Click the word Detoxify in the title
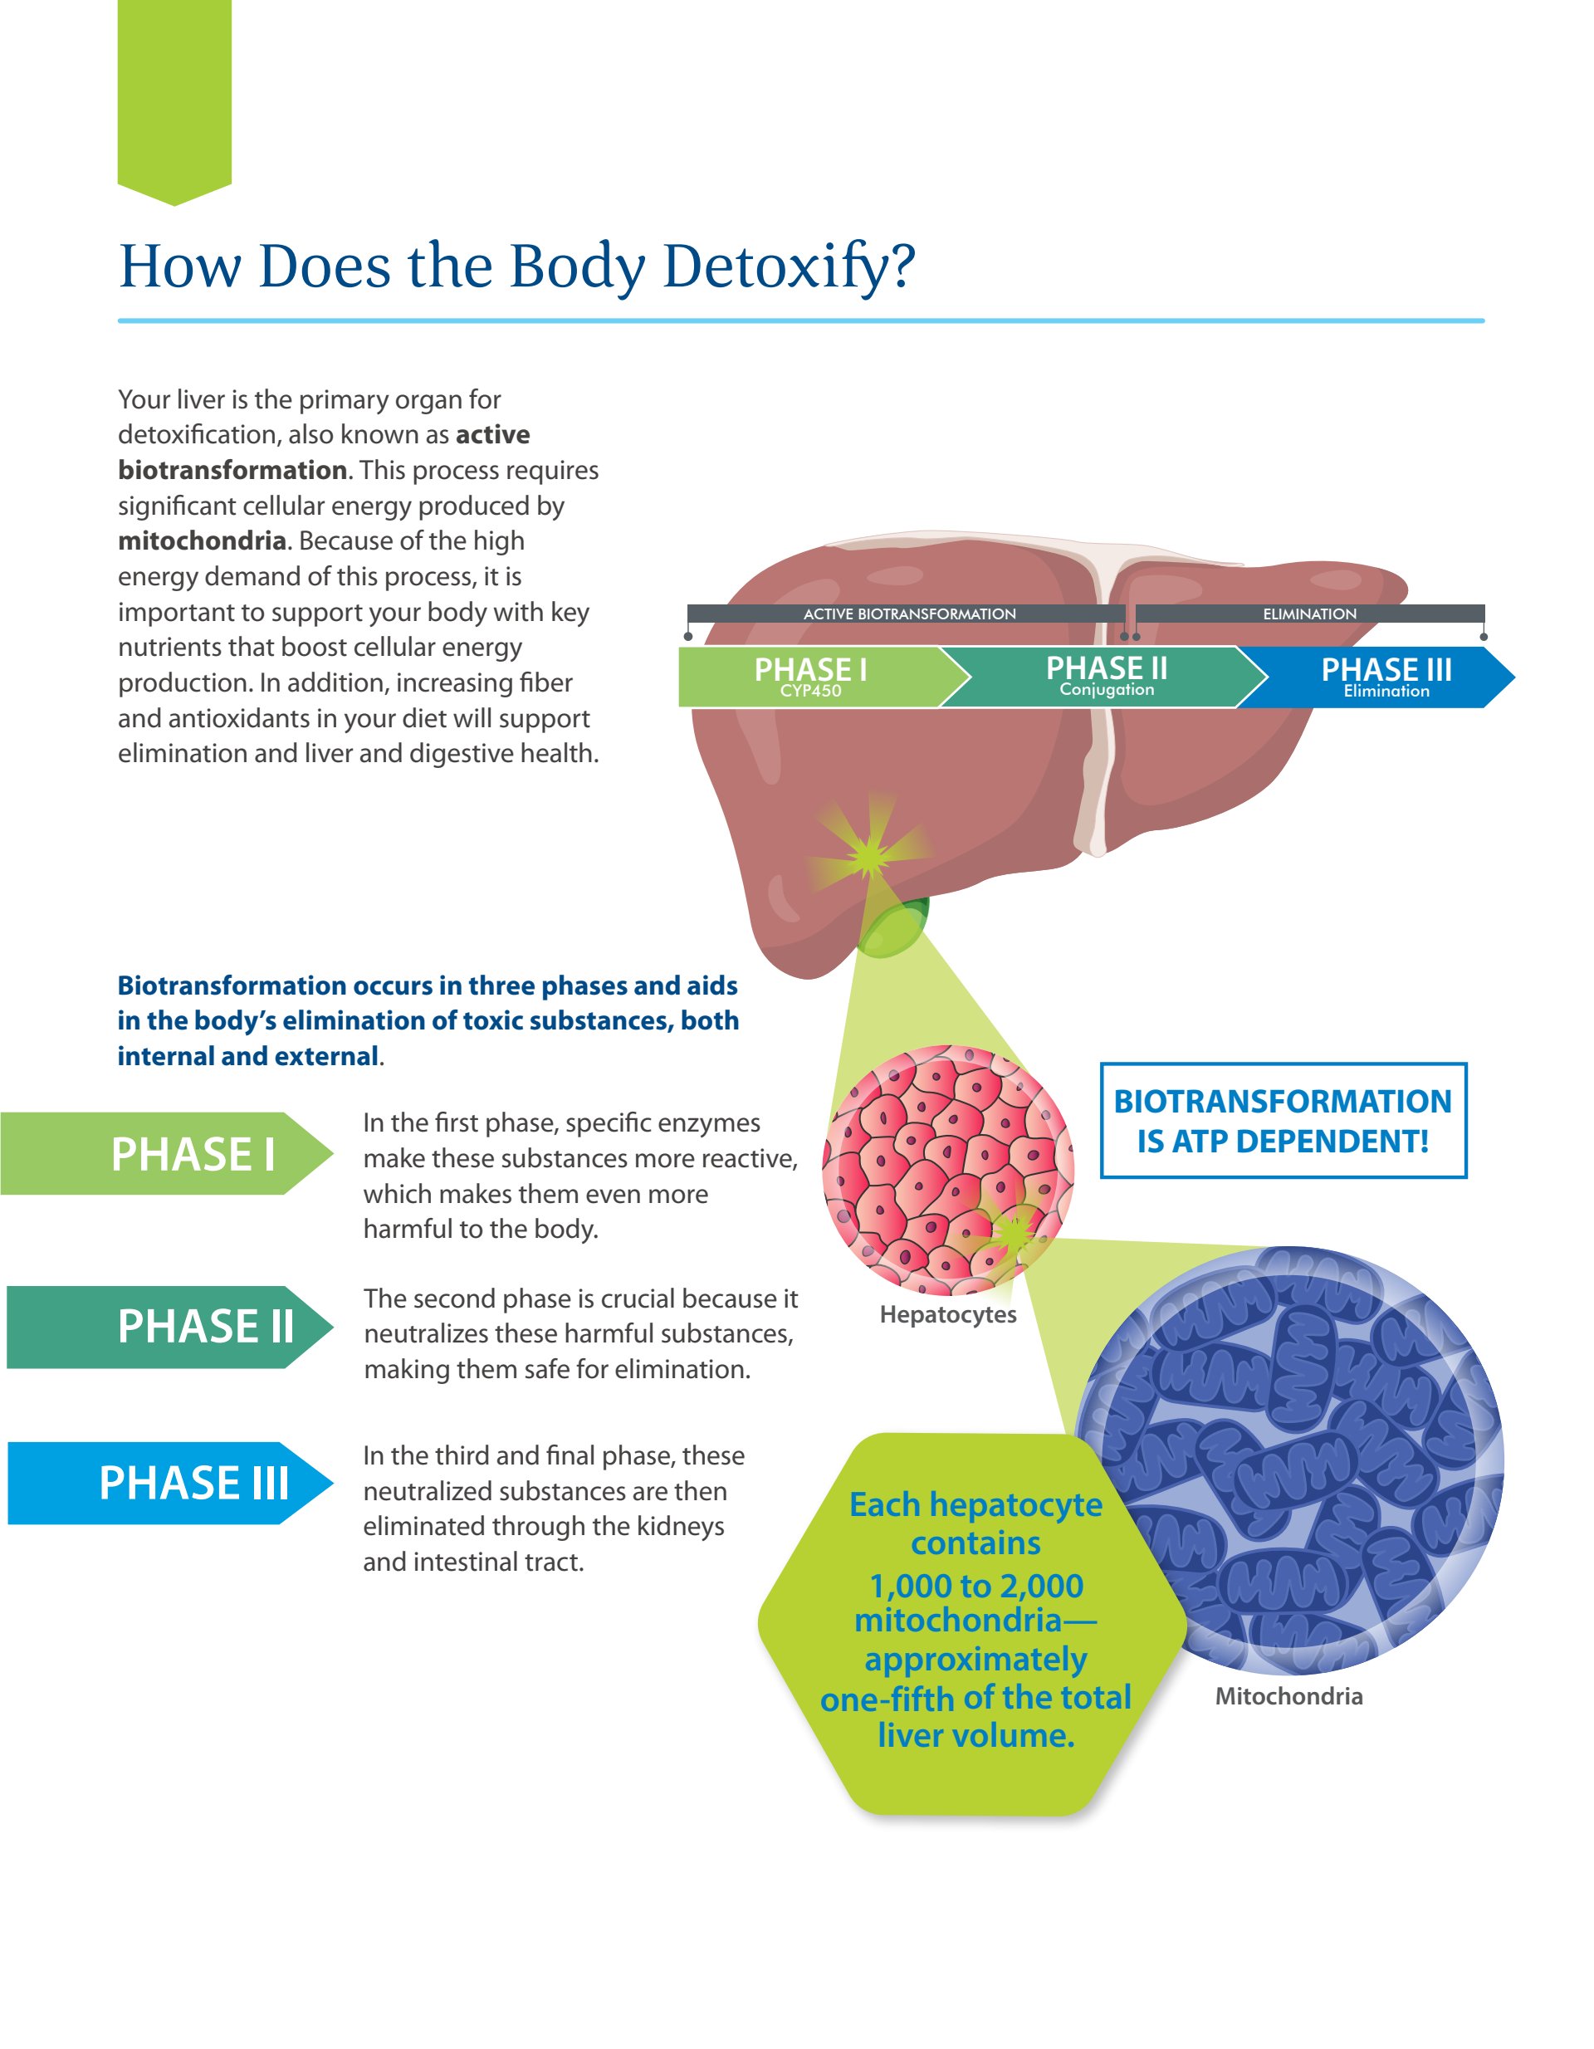(788, 267)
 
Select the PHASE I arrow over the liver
(810, 676)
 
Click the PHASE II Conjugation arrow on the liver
(1106, 676)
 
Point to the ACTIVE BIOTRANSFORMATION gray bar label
(908, 614)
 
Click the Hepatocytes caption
(947, 1314)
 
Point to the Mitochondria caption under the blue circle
(1288, 1696)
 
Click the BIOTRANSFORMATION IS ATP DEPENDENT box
(1283, 1120)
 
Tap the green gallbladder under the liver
(893, 929)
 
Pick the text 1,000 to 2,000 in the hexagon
(975, 1586)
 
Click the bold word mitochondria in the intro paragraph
(202, 541)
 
